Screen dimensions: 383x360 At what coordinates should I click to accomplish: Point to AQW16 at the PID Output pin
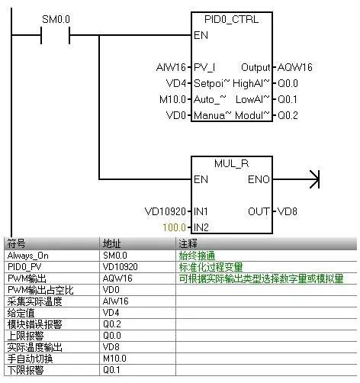pyautogui.click(x=294, y=67)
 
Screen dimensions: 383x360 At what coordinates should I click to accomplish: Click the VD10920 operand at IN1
pyautogui.click(x=166, y=211)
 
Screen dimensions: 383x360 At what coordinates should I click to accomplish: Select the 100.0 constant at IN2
pyautogui.click(x=175, y=227)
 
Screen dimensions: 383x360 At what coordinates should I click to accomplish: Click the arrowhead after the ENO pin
pyautogui.click(x=313, y=180)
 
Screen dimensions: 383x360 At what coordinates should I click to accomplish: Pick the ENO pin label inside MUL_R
pyautogui.click(x=259, y=180)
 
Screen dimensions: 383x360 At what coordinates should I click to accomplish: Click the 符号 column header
pyautogui.click(x=16, y=243)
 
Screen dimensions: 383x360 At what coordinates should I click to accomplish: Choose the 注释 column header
pyautogui.click(x=187, y=243)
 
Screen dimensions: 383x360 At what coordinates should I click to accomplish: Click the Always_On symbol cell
pyautogui.click(x=28, y=256)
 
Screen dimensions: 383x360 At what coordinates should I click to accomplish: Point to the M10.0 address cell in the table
pyautogui.click(x=114, y=359)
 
